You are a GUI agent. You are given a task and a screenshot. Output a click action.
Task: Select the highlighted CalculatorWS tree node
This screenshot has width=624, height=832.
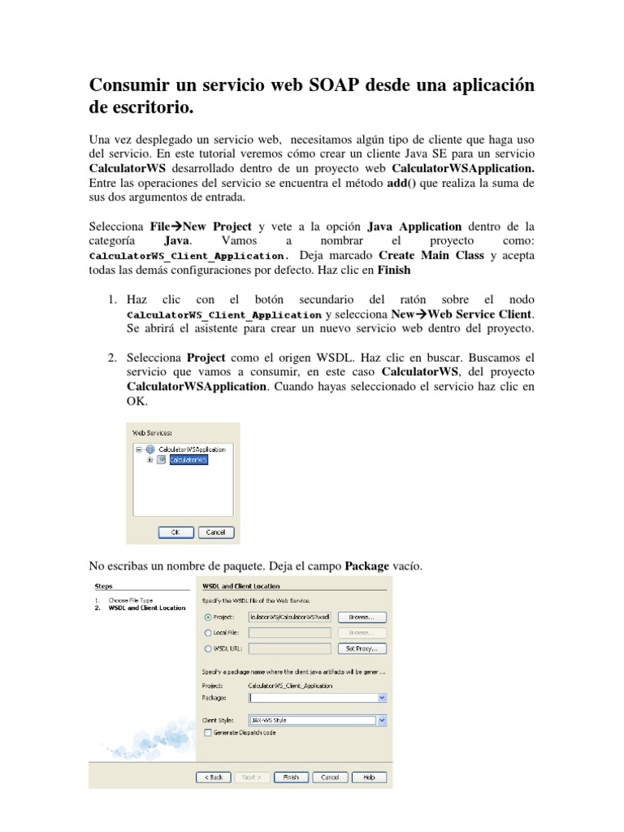coord(188,460)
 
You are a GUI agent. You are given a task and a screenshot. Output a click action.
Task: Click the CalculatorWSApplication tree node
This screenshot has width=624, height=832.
coord(197,448)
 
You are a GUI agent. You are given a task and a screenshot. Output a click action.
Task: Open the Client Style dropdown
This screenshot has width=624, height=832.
coord(382,720)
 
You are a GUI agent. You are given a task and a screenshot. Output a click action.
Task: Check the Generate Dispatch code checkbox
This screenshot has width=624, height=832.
coord(207,732)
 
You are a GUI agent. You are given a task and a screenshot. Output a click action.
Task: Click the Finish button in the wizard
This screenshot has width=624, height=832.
coord(290,777)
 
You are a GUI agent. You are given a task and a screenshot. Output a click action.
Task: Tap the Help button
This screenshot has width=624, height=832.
coord(369,777)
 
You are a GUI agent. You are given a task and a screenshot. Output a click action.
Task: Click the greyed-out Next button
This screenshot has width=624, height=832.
coord(251,777)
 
